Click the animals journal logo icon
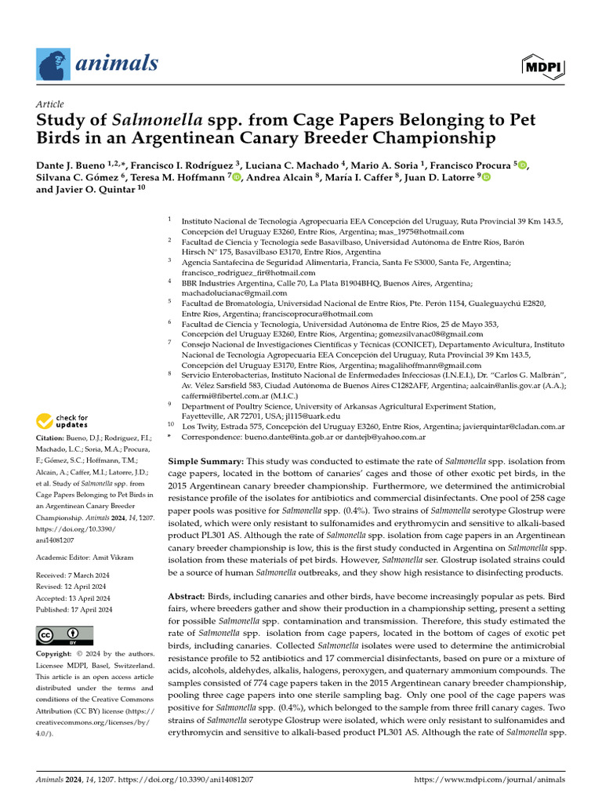coord(52,64)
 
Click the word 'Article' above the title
coord(50,104)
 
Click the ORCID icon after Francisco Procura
coord(524,165)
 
